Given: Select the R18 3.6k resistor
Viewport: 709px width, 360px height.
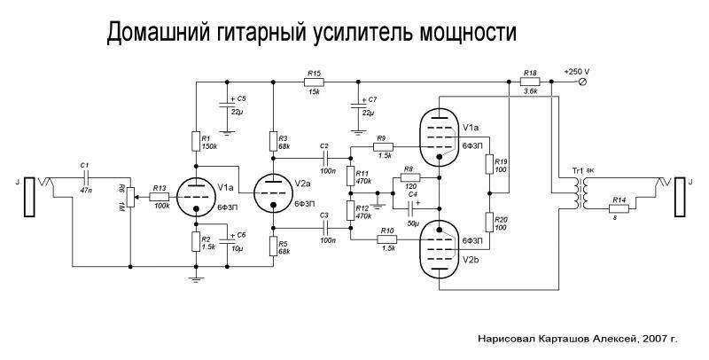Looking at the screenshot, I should (x=530, y=82).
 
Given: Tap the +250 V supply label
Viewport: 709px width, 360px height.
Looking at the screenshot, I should (x=577, y=71).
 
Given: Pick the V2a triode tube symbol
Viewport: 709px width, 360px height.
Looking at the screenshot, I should (x=273, y=191).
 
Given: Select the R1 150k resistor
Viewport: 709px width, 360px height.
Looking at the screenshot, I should (x=195, y=140).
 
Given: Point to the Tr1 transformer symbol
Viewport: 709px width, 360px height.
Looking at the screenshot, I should (x=580, y=192).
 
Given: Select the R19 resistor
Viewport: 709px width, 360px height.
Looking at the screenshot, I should (x=487, y=164).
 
